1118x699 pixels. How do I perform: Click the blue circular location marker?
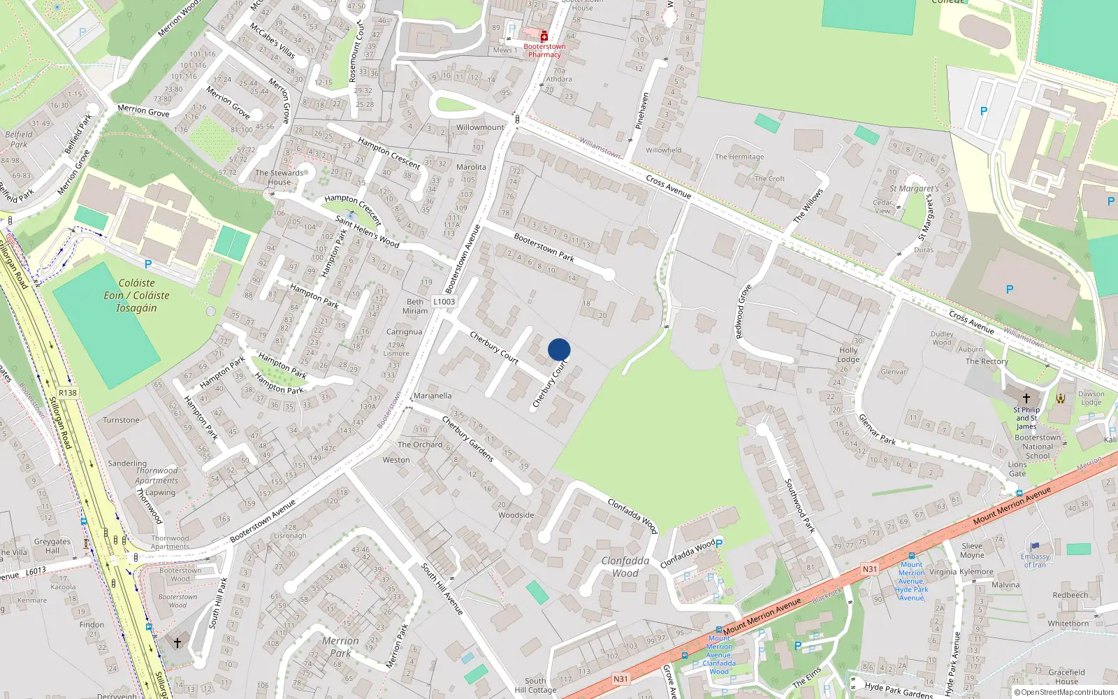[559, 349]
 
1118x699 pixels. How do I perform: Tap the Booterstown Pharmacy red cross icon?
[544, 36]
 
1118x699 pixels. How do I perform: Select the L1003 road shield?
[444, 302]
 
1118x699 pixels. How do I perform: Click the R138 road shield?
[68, 393]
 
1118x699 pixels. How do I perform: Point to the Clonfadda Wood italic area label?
[625, 567]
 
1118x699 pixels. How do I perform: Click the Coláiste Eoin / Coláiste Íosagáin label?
[136, 295]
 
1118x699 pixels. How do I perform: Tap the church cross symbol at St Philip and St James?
[1026, 398]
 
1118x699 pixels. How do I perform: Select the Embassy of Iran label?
[1035, 561]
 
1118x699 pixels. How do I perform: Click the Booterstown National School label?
[1038, 447]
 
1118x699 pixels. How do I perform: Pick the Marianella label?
[433, 396]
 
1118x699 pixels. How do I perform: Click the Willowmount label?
[480, 127]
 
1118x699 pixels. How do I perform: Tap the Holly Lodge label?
[848, 354]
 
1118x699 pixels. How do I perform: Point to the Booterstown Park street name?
[544, 247]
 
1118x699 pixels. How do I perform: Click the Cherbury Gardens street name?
[468, 439]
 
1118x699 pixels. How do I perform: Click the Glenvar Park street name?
[877, 429]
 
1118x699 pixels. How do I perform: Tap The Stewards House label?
[279, 178]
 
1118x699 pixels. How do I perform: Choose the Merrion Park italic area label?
[340, 647]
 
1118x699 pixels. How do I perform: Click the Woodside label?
[516, 515]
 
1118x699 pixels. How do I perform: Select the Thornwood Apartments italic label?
[157, 475]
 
